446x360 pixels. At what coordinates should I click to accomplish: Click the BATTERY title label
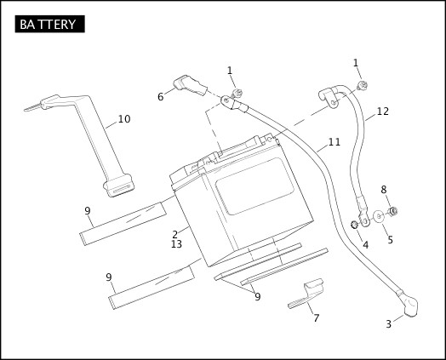point(49,24)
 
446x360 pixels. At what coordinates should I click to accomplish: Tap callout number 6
point(160,97)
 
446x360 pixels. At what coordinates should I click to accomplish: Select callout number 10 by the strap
point(124,119)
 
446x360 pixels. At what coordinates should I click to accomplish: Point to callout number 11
point(334,142)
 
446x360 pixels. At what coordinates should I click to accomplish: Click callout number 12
point(382,111)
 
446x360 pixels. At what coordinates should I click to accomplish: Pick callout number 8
point(384,190)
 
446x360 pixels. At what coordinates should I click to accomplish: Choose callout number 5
point(390,240)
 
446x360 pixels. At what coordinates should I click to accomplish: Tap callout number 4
point(365,245)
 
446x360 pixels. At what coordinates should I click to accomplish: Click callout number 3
point(388,323)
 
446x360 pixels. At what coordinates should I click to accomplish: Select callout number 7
point(316,318)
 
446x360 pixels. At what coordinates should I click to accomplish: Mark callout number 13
point(176,244)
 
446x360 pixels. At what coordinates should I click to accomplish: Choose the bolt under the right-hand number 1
point(363,86)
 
